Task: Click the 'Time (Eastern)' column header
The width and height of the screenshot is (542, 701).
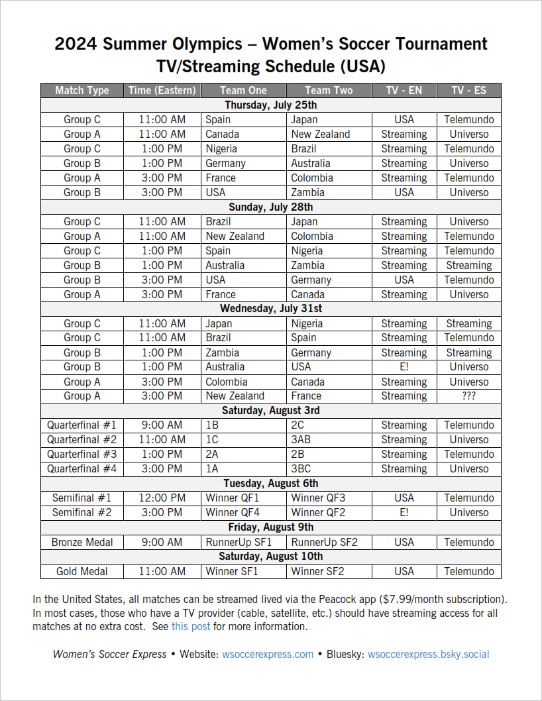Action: point(162,91)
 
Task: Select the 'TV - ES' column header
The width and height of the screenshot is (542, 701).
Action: point(468,91)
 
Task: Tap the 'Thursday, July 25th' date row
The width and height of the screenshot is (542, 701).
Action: point(270,105)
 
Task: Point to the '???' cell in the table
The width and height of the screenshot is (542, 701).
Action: point(468,396)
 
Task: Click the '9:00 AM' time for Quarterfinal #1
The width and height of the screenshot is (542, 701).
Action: point(162,425)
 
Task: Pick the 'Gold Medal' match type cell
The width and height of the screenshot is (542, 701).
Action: point(81,572)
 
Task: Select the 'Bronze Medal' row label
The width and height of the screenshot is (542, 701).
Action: point(81,543)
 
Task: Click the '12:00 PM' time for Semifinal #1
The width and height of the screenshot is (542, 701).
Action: point(162,498)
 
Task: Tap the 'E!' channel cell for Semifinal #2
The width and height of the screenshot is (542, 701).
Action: point(404,513)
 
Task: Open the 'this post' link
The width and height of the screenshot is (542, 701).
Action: point(191,627)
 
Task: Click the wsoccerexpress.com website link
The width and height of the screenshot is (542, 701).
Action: point(268,655)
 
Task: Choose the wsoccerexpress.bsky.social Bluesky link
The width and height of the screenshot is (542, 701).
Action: point(428,655)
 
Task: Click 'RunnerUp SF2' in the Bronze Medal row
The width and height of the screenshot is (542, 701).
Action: point(324,543)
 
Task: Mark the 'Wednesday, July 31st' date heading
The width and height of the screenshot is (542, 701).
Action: point(270,309)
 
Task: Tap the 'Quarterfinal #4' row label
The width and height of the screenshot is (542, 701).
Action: point(81,469)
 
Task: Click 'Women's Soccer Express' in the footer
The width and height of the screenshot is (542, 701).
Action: point(109,655)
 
